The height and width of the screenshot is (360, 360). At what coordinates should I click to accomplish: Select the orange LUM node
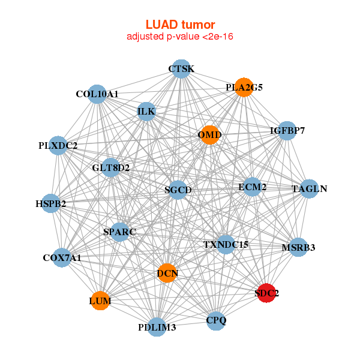(100, 300)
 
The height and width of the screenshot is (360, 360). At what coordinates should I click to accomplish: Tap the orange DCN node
(167, 274)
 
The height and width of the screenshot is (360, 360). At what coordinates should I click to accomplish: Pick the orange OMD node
(209, 135)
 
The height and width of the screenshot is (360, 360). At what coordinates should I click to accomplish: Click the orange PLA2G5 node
(243, 87)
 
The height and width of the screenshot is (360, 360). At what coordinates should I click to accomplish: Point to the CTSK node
(181, 69)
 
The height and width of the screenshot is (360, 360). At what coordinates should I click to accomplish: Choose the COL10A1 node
(97, 94)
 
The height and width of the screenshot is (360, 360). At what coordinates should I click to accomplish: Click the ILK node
(146, 112)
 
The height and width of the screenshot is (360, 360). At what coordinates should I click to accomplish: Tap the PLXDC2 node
(58, 145)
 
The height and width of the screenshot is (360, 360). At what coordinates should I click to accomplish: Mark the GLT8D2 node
(111, 167)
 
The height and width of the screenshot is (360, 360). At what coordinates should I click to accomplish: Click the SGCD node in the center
(178, 190)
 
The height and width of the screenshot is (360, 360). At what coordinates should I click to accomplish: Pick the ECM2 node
(252, 187)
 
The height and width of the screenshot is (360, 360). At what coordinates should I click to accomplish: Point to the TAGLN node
(309, 189)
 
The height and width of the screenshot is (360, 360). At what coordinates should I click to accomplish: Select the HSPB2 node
(51, 203)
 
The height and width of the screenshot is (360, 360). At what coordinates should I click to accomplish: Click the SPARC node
(119, 232)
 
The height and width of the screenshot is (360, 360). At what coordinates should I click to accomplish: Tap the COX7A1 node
(62, 257)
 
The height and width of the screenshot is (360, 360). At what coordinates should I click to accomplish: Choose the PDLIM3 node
(157, 327)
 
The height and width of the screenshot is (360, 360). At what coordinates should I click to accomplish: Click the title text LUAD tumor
(180, 25)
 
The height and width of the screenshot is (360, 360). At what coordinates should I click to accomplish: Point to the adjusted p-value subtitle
(180, 37)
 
